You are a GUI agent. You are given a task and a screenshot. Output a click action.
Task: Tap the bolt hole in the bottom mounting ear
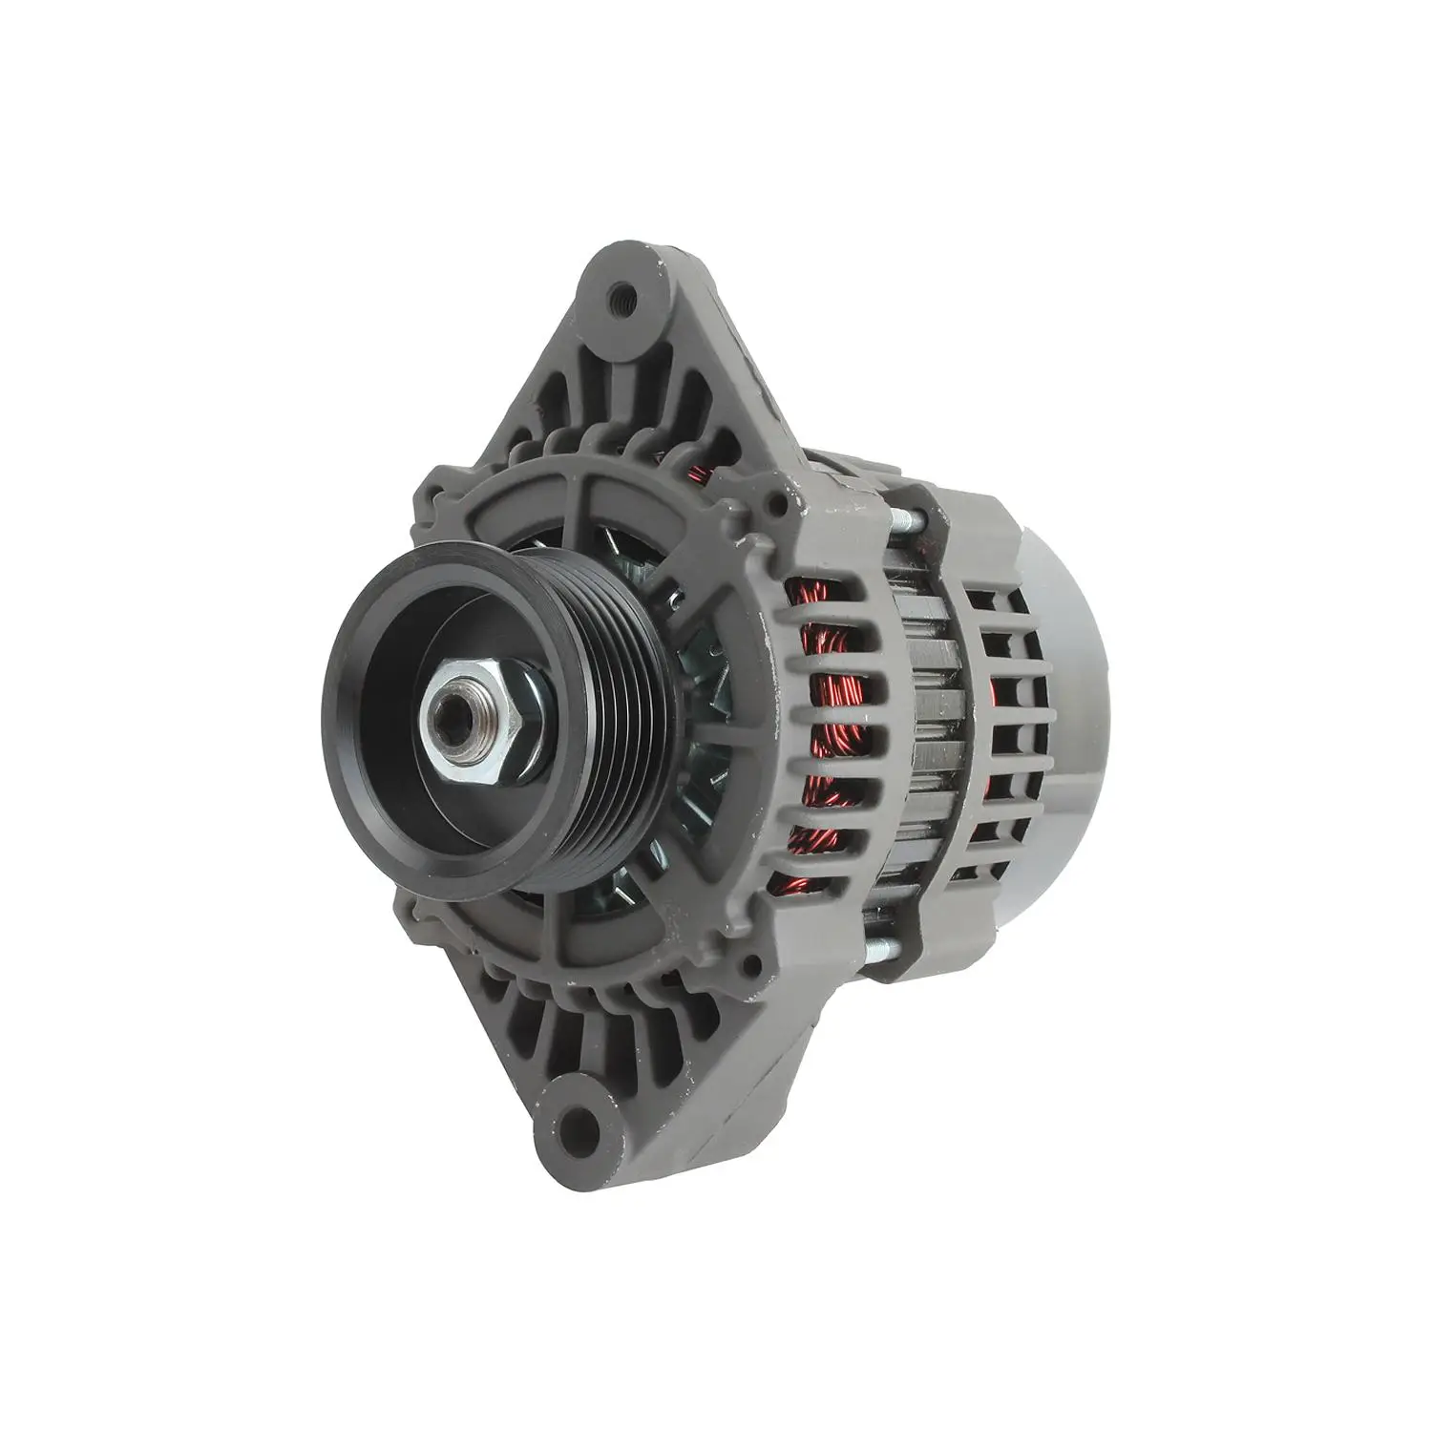pyautogui.click(x=576, y=1127)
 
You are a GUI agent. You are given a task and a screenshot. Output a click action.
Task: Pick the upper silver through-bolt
pyautogui.click(x=907, y=520)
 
